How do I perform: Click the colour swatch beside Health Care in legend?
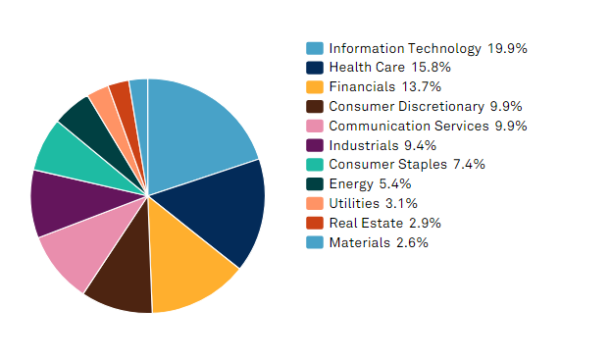(x=315, y=68)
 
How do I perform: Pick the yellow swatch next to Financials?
(x=315, y=87)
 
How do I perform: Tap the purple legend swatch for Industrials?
(x=315, y=145)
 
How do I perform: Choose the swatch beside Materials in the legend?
(x=315, y=242)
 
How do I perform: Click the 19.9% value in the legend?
(x=508, y=48)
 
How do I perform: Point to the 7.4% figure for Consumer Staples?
(x=469, y=165)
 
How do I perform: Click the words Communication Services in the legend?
(x=408, y=126)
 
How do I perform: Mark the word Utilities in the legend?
(x=352, y=203)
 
